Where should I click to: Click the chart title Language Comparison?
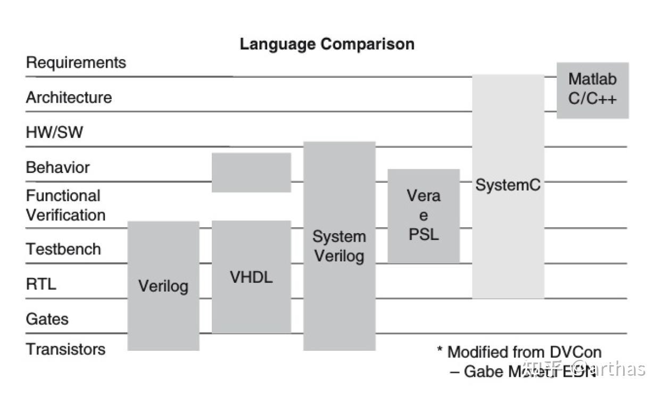click(x=327, y=44)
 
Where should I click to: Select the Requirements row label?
click(x=76, y=63)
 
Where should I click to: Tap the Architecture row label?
click(x=69, y=98)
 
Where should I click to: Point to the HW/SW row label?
click(x=55, y=133)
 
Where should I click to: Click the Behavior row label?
click(x=58, y=168)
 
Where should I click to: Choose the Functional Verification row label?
click(x=65, y=205)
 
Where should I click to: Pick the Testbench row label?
click(x=63, y=249)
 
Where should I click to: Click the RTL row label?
click(x=41, y=284)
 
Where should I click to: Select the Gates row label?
click(x=47, y=319)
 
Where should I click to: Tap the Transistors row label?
click(x=66, y=349)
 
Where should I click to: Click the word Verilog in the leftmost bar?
click(x=163, y=286)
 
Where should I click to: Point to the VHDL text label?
click(x=251, y=277)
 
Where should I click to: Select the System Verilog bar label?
click(x=339, y=246)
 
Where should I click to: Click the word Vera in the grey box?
click(x=424, y=196)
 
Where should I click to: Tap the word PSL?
click(x=424, y=234)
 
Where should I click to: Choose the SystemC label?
click(x=508, y=185)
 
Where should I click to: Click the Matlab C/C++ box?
click(x=592, y=90)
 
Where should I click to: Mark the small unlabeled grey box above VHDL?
click(x=251, y=172)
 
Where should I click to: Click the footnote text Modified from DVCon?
click(x=524, y=352)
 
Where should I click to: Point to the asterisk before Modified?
click(x=440, y=351)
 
